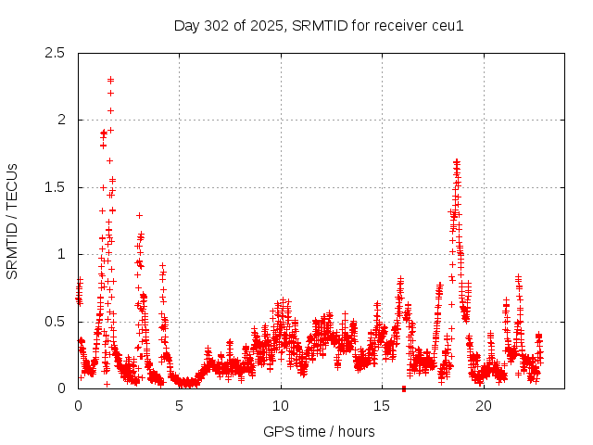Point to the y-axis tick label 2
tap(62, 120)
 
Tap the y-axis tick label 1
tap(62, 254)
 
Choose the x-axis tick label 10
tap(281, 406)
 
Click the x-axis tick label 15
tap(382, 406)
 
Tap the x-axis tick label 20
tap(484, 406)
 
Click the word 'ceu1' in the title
tap(447, 25)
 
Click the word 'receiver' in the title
tap(399, 25)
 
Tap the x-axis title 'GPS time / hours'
tap(319, 431)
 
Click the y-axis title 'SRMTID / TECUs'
tap(13, 221)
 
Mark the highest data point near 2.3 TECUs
tap(110, 80)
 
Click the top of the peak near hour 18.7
tap(457, 161)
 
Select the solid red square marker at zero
tap(403, 388)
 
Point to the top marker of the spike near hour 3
tap(139, 215)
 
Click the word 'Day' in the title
tap(187, 25)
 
